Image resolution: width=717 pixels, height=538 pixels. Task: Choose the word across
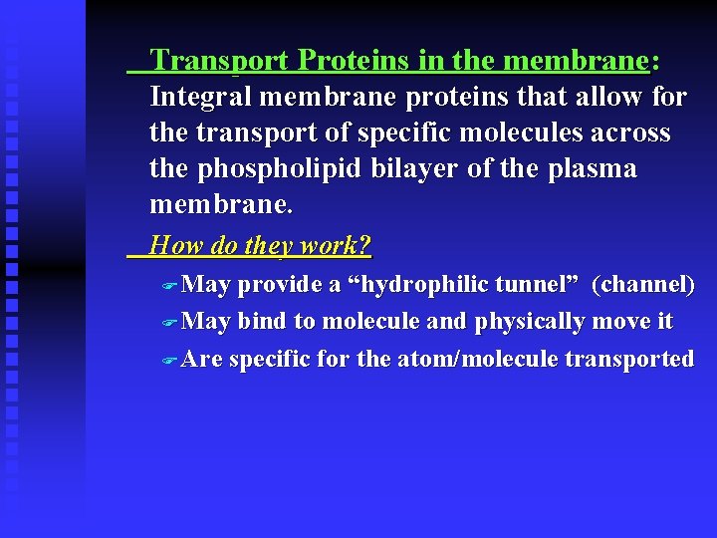[631, 134]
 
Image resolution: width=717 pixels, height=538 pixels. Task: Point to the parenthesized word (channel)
[642, 285]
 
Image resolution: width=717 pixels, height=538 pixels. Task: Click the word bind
[262, 322]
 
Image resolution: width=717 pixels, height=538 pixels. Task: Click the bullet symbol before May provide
[168, 287]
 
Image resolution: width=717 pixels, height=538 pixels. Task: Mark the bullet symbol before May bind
[168, 324]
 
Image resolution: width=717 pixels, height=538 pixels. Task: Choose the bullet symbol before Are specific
[168, 361]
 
